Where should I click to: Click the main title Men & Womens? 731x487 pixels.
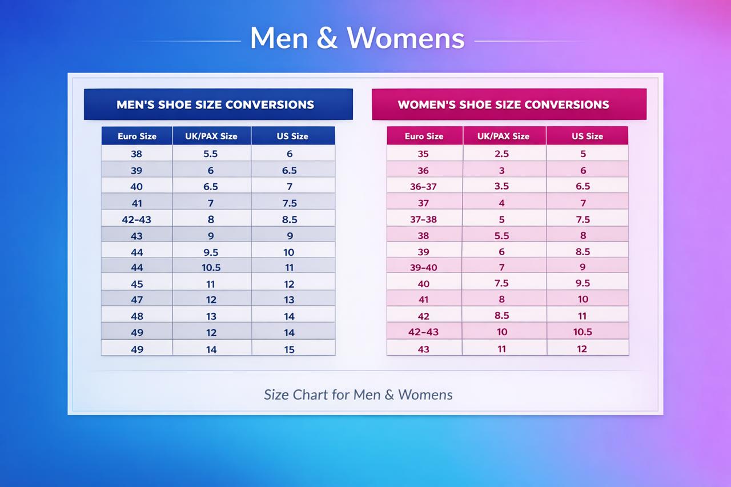[x=357, y=38]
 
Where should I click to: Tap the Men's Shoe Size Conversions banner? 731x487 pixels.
[x=215, y=104]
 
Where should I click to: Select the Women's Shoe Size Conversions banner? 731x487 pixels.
[x=503, y=104]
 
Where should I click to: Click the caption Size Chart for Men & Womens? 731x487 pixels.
[x=358, y=395]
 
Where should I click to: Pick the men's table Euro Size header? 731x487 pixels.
[x=137, y=136]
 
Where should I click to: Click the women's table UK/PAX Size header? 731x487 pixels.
[x=504, y=136]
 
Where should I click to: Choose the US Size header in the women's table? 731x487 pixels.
[x=587, y=136]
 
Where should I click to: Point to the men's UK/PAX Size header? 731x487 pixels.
[x=211, y=136]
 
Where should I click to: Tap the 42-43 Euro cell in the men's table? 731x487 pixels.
[x=137, y=219]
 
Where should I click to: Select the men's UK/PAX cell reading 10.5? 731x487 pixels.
[x=211, y=267]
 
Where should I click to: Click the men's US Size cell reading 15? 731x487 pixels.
[x=290, y=349]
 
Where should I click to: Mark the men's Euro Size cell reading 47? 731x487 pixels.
[x=137, y=300]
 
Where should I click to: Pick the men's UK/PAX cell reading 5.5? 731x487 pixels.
[x=211, y=154]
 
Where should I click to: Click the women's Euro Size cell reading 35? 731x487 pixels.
[x=423, y=154]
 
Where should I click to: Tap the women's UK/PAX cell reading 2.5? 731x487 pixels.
[x=502, y=154]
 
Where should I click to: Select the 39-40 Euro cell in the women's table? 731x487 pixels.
[x=423, y=267]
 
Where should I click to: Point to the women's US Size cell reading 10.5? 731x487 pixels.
[x=583, y=332]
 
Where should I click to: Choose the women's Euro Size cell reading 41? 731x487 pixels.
[x=423, y=299]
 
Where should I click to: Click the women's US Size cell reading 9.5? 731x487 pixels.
[x=583, y=283]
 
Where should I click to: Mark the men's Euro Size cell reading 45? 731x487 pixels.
[x=137, y=284]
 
